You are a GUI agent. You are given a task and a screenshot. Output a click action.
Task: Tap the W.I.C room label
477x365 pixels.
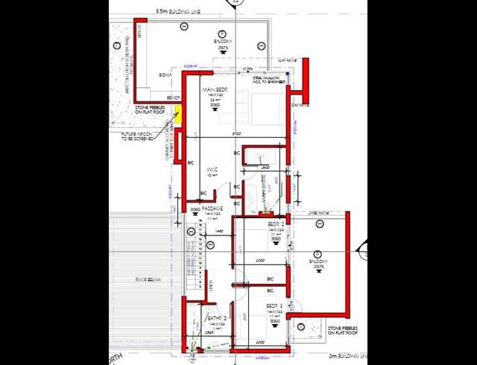(x=212, y=171)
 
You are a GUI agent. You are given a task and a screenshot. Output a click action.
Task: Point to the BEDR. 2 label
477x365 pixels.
(x=276, y=223)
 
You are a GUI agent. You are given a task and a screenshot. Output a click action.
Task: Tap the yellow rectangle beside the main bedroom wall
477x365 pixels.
(x=178, y=115)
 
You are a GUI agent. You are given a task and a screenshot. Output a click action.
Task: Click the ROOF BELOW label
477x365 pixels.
(x=149, y=280)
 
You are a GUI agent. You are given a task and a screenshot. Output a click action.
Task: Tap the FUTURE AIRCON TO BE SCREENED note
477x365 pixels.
(x=137, y=136)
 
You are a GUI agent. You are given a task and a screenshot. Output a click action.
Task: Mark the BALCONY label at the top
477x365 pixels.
(x=221, y=41)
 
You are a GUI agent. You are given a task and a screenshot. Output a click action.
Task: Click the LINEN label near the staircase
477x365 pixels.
(x=211, y=286)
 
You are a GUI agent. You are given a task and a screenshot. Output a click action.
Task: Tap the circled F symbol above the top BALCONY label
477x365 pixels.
(x=221, y=31)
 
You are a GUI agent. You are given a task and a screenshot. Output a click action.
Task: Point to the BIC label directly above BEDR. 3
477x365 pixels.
(x=270, y=291)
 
